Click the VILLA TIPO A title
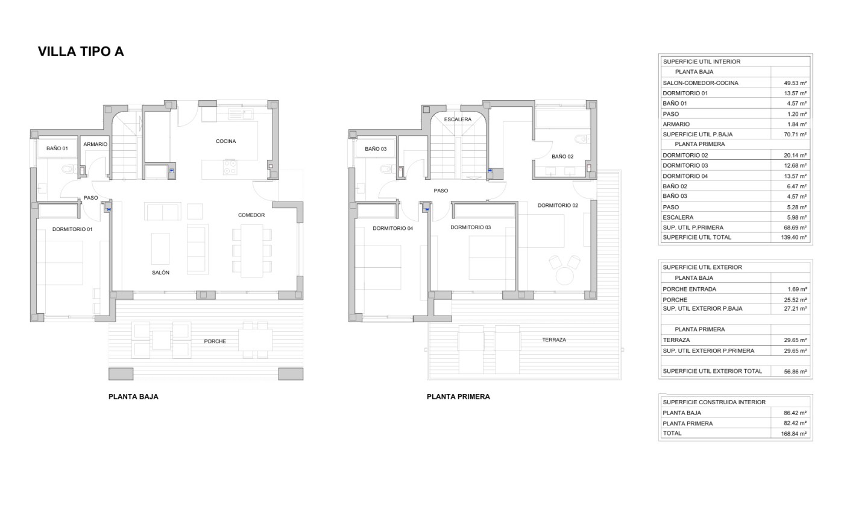pyautogui.click(x=81, y=51)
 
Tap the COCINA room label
pyautogui.click(x=225, y=141)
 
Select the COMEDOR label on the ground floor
pyautogui.click(x=251, y=215)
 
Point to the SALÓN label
pyautogui.click(x=160, y=272)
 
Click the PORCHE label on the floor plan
pyautogui.click(x=215, y=341)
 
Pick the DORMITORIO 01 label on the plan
pyautogui.click(x=72, y=229)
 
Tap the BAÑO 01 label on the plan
pyautogui.click(x=57, y=148)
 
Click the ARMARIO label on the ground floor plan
pyautogui.click(x=95, y=144)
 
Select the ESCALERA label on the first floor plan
pyautogui.click(x=458, y=119)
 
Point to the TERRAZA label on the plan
pyautogui.click(x=554, y=340)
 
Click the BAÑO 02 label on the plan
pyautogui.click(x=562, y=156)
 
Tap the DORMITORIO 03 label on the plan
pyautogui.click(x=471, y=227)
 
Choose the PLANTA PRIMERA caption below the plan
pyautogui.click(x=458, y=396)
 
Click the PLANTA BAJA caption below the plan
pyautogui.click(x=133, y=396)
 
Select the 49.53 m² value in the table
pyautogui.click(x=795, y=83)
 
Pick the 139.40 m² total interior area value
pyautogui.click(x=794, y=237)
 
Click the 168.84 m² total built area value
pyautogui.click(x=794, y=434)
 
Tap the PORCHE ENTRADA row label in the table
pyautogui.click(x=690, y=289)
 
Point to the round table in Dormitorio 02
pyautogui.click(x=564, y=276)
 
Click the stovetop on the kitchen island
pyautogui.click(x=230, y=167)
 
